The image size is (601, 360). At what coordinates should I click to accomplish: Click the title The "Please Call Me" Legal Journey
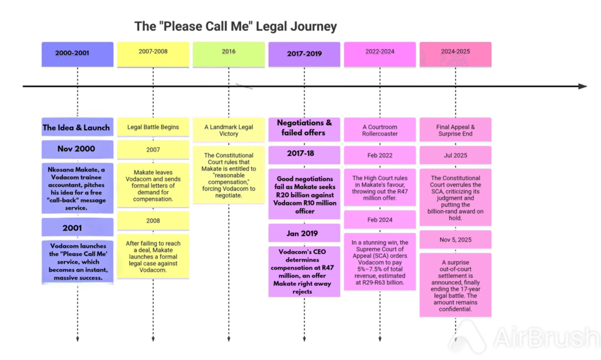(x=235, y=26)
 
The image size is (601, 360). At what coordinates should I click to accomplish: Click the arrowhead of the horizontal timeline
(x=582, y=86)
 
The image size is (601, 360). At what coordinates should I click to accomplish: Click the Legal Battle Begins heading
(x=153, y=127)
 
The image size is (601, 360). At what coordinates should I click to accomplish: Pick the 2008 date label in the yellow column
(x=153, y=221)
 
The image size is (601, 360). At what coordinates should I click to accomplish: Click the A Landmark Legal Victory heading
(x=228, y=130)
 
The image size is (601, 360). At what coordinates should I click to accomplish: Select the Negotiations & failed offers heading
(x=304, y=127)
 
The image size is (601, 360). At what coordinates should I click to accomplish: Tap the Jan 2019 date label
(x=304, y=233)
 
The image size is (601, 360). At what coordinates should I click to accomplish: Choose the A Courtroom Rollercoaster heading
(x=380, y=130)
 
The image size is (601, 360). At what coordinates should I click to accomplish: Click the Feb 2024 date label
(x=380, y=220)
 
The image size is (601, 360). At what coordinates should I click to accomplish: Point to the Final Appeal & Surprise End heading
(x=455, y=130)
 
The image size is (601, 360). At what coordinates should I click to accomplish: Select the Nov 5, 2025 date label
(x=455, y=239)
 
